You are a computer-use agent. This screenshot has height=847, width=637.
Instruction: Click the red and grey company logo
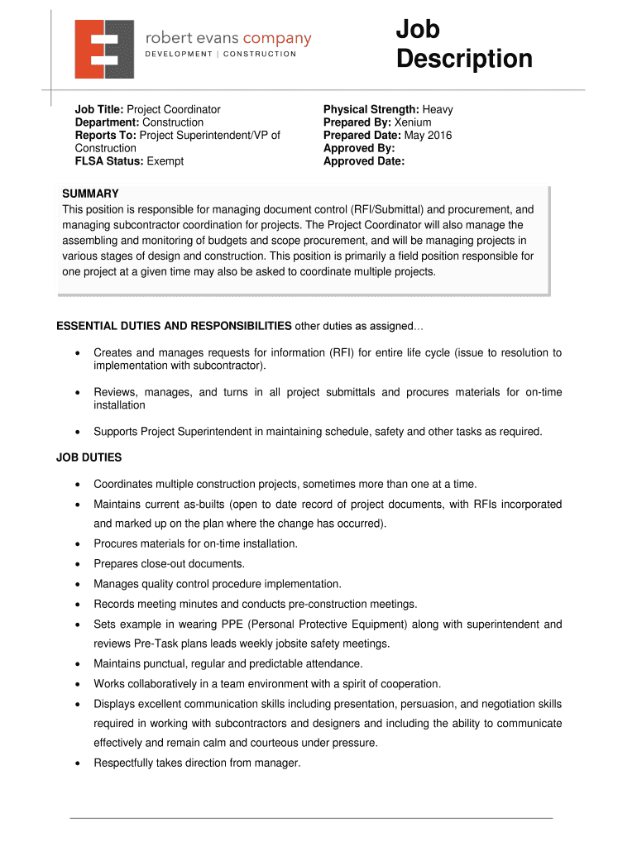coord(103,49)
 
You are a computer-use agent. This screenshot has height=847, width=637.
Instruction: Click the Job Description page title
coord(463,45)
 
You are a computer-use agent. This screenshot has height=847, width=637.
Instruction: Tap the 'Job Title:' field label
coord(99,109)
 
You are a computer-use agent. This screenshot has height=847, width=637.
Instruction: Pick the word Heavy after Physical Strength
coord(438,109)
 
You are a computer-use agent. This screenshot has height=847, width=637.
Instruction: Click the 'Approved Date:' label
coord(364,161)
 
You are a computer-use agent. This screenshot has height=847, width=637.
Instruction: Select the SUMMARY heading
coord(90,194)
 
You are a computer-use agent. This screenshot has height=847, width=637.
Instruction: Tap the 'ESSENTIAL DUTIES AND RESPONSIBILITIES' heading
coord(174,325)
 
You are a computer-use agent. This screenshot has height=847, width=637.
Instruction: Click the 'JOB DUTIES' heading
coord(89,457)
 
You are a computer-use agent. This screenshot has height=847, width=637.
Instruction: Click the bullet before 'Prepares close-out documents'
coord(77,564)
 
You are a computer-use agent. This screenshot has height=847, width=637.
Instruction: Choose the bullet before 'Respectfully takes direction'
coord(77,763)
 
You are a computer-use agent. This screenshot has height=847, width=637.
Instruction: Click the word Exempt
coord(165,161)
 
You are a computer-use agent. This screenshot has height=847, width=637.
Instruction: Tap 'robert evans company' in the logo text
coord(228,38)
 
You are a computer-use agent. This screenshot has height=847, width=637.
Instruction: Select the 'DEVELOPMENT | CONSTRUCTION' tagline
coord(221,55)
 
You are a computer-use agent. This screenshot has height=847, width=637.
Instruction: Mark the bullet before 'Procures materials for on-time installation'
coord(77,544)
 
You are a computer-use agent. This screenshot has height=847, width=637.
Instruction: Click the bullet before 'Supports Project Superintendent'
coord(77,432)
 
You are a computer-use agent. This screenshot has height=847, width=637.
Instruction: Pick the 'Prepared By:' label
coord(357,122)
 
